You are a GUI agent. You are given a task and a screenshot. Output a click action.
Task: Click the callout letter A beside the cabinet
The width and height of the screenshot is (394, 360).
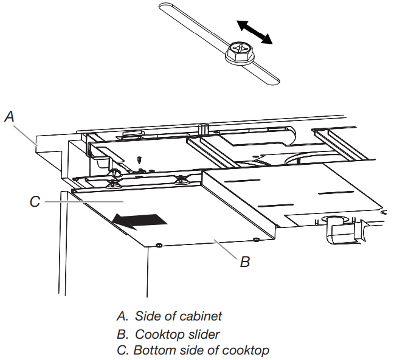(9, 116)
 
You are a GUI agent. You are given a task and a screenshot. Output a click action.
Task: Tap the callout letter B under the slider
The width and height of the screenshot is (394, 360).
(244, 262)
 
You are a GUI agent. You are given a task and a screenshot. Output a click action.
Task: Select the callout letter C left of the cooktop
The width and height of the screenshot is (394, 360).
(35, 201)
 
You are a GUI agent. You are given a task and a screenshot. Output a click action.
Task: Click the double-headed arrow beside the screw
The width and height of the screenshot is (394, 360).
(254, 32)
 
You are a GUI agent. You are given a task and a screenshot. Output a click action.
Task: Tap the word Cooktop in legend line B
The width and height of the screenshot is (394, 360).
(155, 334)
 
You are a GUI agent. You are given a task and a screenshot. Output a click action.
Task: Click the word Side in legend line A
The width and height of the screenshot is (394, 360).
(147, 316)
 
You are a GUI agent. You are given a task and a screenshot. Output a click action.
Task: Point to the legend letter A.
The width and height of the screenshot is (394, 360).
(120, 316)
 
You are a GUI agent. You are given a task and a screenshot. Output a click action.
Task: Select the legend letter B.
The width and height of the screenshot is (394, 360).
(120, 334)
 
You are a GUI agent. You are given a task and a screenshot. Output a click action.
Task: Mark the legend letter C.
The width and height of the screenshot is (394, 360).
(120, 350)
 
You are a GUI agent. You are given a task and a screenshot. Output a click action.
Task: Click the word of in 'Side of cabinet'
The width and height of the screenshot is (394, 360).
(170, 316)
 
